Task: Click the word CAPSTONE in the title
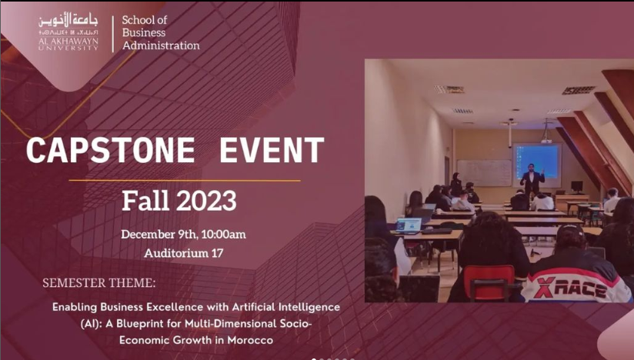[x=110, y=150]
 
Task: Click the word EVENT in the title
[x=272, y=150]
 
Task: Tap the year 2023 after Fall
[x=207, y=201]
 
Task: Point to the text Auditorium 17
[x=184, y=253]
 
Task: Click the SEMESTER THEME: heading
[x=99, y=283]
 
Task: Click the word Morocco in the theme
[x=250, y=340]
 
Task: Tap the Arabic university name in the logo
[x=68, y=20]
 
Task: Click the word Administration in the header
[x=161, y=45]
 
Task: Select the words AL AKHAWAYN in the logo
[x=68, y=41]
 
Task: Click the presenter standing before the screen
[x=532, y=180]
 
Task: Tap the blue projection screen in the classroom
[x=537, y=161]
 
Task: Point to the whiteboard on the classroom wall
[x=484, y=172]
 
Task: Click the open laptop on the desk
[x=409, y=225]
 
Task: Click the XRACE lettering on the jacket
[x=570, y=288]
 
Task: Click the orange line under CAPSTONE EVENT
[x=185, y=181]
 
